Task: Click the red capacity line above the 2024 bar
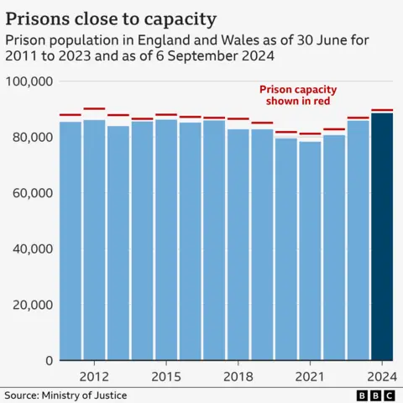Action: coord(382,110)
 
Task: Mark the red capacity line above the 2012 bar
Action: coord(94,108)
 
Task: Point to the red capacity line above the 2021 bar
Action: coord(310,133)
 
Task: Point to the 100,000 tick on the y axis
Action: coord(29,81)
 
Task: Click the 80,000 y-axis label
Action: coord(33,137)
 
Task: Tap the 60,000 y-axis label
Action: coord(33,192)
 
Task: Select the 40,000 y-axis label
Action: coord(33,249)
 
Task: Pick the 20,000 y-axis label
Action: coord(33,304)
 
